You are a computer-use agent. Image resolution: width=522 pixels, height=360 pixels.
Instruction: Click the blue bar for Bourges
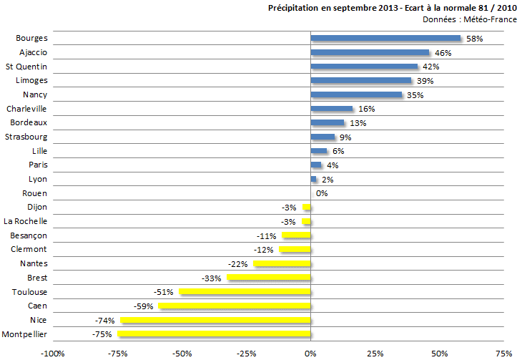pyautogui.click(x=385, y=38)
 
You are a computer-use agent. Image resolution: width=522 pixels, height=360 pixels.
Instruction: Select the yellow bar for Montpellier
pyautogui.click(x=214, y=334)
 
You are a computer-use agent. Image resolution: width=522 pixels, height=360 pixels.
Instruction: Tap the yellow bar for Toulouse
pyautogui.click(x=245, y=292)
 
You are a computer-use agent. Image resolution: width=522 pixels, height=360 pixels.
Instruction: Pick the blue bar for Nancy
pyautogui.click(x=356, y=94)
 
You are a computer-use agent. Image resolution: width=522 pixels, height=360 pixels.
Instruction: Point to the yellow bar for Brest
pyautogui.click(x=268, y=278)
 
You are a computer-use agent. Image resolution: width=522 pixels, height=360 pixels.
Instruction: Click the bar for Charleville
pyautogui.click(x=331, y=109)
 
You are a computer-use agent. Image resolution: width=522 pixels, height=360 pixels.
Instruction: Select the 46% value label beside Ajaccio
pyautogui.click(x=443, y=53)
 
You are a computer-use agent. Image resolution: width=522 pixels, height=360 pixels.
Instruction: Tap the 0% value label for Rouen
pyautogui.click(x=322, y=193)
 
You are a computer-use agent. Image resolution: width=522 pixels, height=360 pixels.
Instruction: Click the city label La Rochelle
pyautogui.click(x=26, y=221)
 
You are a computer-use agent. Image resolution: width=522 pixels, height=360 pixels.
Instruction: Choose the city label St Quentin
pyautogui.click(x=26, y=67)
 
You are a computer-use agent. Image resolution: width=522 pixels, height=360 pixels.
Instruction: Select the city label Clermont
pyautogui.click(x=29, y=249)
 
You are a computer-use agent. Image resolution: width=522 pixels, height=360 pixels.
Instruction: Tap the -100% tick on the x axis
pyautogui.click(x=51, y=354)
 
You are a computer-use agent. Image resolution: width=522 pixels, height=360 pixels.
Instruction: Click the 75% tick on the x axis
pyautogui.click(x=503, y=354)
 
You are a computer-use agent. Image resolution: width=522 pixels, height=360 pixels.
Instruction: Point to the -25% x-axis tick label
pyautogui.click(x=246, y=354)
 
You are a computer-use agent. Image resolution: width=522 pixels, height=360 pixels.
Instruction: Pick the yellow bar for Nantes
pyautogui.click(x=282, y=263)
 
